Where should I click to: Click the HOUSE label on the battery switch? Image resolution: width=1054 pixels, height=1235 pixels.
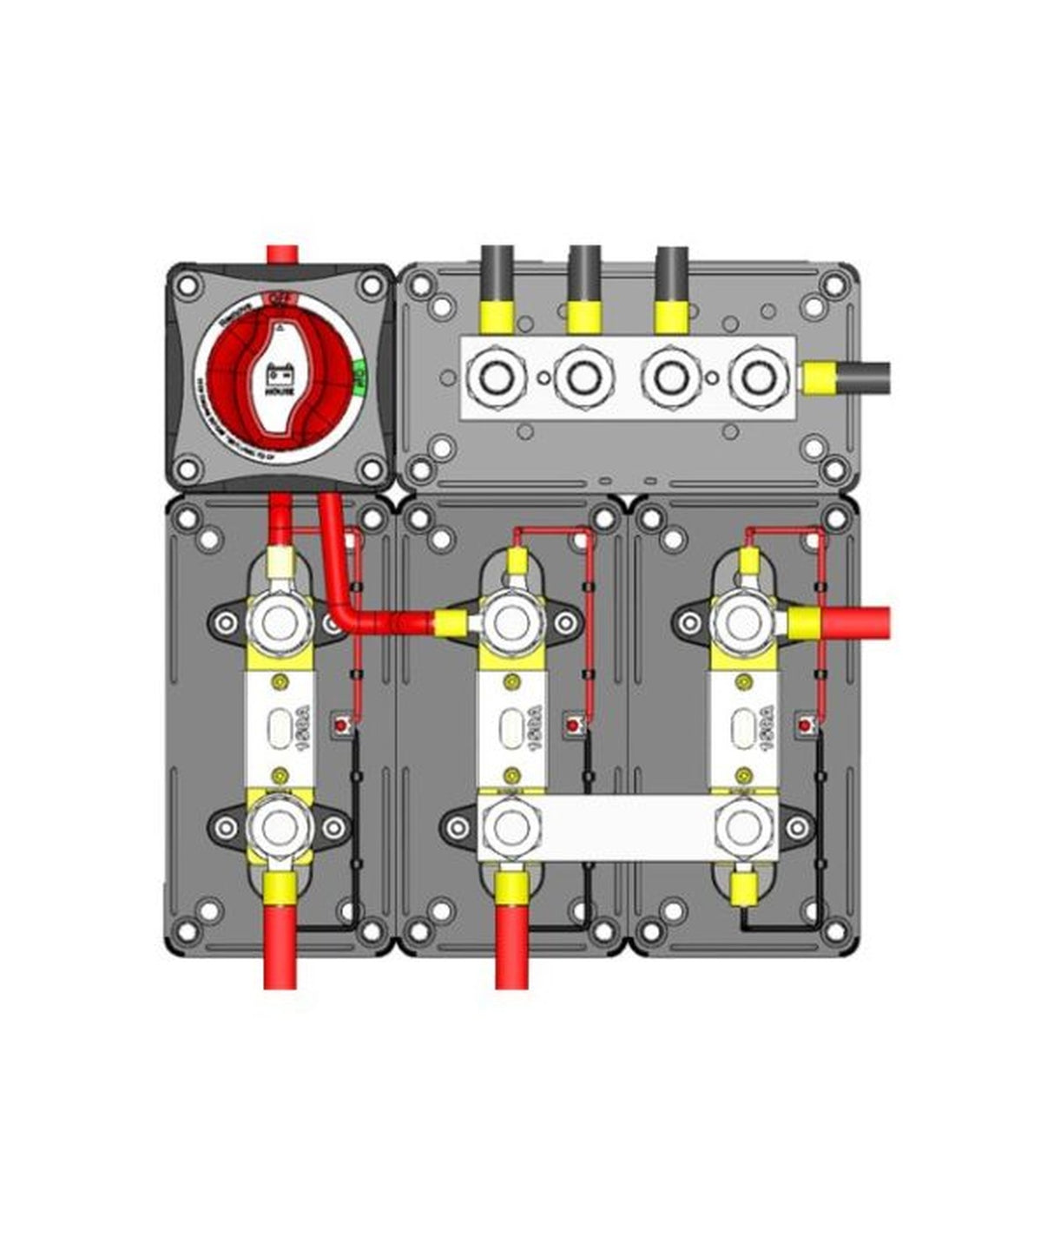pos(280,392)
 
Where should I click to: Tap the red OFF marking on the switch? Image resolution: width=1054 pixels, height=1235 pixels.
pos(280,299)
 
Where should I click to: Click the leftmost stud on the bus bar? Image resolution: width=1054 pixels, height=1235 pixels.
pos(492,378)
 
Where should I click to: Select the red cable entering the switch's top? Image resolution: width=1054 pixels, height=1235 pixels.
pos(280,253)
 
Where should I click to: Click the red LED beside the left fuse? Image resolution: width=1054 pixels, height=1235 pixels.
pos(345,723)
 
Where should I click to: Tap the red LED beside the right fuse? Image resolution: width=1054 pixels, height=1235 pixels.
pos(807,723)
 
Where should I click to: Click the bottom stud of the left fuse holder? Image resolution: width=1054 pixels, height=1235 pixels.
pos(280,828)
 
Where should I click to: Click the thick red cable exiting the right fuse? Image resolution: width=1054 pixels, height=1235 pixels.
pos(855,622)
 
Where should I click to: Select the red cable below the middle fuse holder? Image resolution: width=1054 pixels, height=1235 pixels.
pos(511,946)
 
